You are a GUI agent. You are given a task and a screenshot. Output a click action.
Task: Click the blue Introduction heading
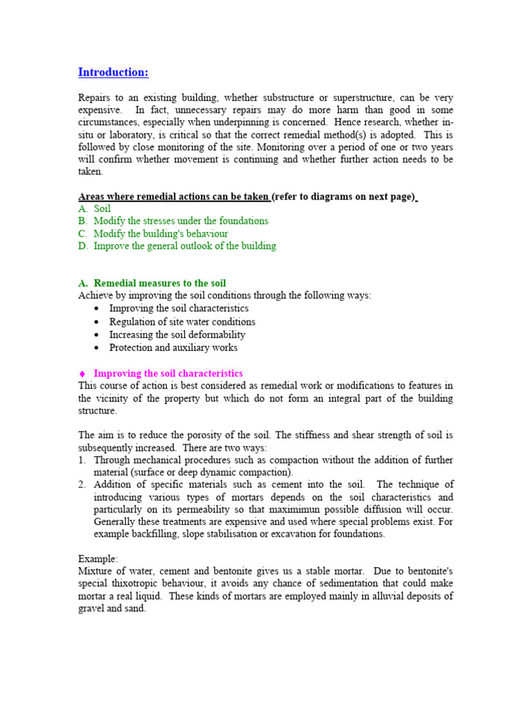coord(113,73)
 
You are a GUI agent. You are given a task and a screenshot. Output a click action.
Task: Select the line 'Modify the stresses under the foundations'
coord(181,221)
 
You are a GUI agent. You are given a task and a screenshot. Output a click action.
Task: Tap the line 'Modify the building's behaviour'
coord(161,233)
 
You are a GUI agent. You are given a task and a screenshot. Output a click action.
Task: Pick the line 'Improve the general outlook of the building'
coord(184,246)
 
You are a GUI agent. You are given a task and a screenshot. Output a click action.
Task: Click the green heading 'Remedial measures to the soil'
coord(159,283)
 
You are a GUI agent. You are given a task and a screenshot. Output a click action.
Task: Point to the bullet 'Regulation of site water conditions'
coord(182,322)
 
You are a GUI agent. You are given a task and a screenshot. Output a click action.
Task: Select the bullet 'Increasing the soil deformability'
coord(177,334)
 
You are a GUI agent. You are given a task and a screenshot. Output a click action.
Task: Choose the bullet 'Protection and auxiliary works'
coord(173,348)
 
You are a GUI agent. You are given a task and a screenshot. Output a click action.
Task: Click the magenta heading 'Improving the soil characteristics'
coord(168,373)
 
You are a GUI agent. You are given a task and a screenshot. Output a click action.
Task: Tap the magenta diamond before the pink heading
coord(82,374)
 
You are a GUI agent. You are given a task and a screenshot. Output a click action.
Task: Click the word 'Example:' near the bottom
coord(98,558)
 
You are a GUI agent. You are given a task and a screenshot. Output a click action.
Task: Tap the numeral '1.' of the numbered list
coord(82,460)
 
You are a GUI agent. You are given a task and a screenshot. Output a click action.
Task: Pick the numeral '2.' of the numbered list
coord(82,485)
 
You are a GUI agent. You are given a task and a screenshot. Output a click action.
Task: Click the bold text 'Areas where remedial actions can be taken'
coord(173,197)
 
